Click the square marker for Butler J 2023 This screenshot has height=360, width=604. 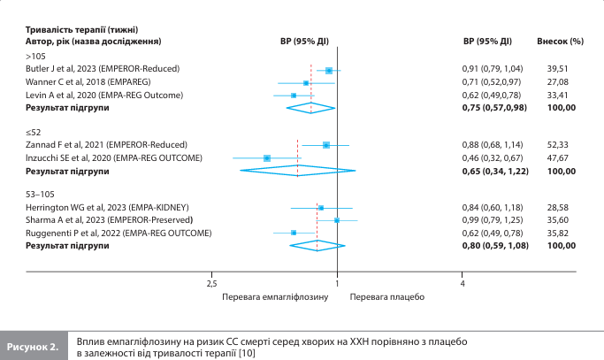[x=329, y=70]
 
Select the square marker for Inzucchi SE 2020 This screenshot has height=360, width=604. [x=266, y=157]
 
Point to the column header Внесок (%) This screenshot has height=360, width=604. [x=561, y=41]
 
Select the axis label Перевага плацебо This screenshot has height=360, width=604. [x=388, y=297]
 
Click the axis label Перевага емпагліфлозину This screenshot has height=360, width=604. [x=276, y=297]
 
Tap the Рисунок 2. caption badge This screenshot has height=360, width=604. [x=34, y=346]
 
